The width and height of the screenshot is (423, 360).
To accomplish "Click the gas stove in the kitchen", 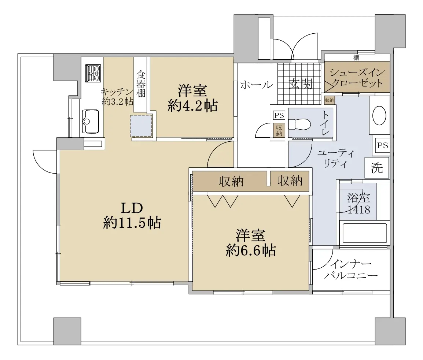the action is tap(93, 73).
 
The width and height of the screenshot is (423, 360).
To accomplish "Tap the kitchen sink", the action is tap(90, 121).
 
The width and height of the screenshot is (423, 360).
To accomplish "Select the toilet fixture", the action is tap(299, 124).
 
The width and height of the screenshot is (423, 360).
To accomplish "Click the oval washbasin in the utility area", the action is tap(379, 116).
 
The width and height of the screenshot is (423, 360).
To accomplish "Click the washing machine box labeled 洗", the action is tap(377, 168).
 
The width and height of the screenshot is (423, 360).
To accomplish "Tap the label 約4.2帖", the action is tap(192, 106).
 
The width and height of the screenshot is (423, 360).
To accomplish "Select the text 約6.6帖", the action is tap(251, 250).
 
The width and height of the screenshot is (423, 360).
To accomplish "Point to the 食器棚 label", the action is tap(140, 84).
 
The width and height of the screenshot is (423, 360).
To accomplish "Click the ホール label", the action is tap(256, 85).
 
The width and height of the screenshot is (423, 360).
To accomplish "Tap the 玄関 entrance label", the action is tap(301, 84).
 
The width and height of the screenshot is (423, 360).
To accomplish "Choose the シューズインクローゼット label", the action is tap(357, 78).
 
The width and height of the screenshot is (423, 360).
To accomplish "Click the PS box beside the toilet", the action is tap(279, 115).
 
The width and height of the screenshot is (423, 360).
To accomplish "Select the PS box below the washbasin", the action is tap(382, 145).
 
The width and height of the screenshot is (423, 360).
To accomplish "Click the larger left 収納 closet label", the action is tap(231, 181).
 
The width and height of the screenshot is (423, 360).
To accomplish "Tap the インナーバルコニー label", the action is tap(351, 270).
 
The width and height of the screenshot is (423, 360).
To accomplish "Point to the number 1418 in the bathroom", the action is tap(359, 209).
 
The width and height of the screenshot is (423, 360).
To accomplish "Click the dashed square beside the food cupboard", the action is tap(141, 126).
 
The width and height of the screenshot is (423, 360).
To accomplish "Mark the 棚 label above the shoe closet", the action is tap(356, 57).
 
